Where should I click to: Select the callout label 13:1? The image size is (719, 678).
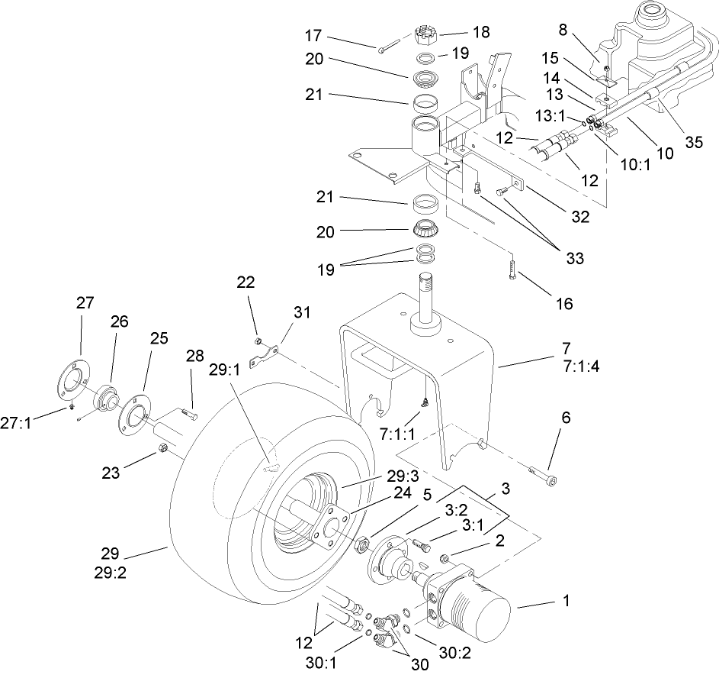554,116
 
